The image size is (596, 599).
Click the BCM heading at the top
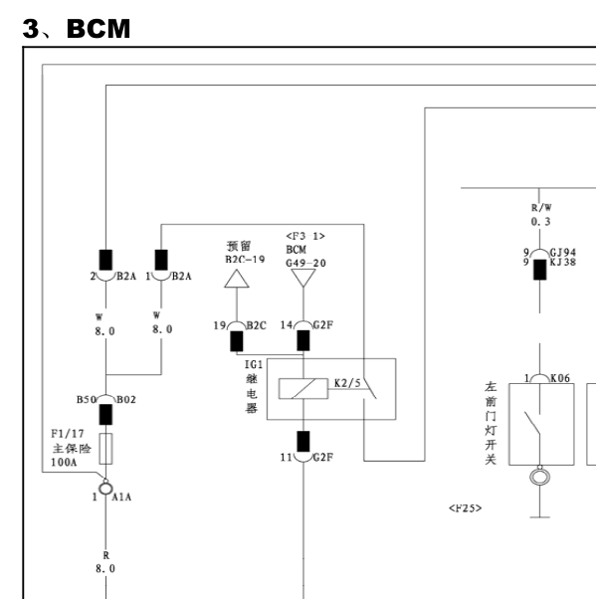pos(99,29)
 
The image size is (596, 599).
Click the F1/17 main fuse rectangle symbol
pos(105,449)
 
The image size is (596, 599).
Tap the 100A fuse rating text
pos(64,463)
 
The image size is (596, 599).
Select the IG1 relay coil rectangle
pos(303,388)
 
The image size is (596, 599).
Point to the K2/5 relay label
pos(347,383)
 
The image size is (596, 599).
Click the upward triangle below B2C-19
pos(237,279)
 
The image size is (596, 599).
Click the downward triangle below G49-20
pos(303,278)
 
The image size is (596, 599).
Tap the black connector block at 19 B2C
pos(237,341)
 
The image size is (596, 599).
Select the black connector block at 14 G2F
pos(303,340)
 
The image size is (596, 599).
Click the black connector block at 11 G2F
pos(303,442)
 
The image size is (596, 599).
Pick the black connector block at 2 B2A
pos(105,260)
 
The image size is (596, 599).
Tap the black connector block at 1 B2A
pos(161,260)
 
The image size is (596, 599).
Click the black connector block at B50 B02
pos(105,415)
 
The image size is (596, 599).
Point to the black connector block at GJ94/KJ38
pos(540,270)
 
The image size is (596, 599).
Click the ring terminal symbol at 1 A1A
pos(105,489)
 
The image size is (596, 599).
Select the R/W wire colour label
pos(541,208)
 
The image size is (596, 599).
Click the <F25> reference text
pos(466,508)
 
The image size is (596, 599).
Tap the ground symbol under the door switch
pos(540,517)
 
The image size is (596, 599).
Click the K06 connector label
pos(560,378)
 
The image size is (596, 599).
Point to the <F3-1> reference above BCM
pos(305,236)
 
